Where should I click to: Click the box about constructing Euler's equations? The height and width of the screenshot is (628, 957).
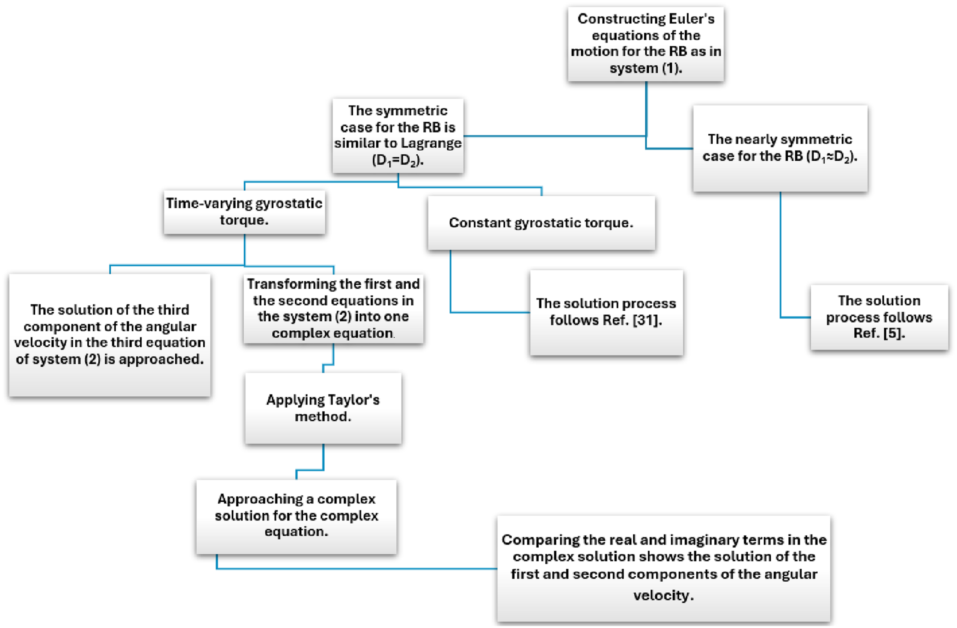click(646, 44)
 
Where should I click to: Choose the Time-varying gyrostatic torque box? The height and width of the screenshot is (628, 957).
click(244, 212)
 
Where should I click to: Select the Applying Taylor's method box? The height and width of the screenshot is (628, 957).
click(323, 408)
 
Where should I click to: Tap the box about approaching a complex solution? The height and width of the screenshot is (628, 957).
click(296, 517)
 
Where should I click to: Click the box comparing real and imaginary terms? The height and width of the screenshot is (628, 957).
click(664, 569)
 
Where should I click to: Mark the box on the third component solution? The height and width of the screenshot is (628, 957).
click(110, 335)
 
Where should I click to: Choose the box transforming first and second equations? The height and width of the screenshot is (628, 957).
click(333, 309)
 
